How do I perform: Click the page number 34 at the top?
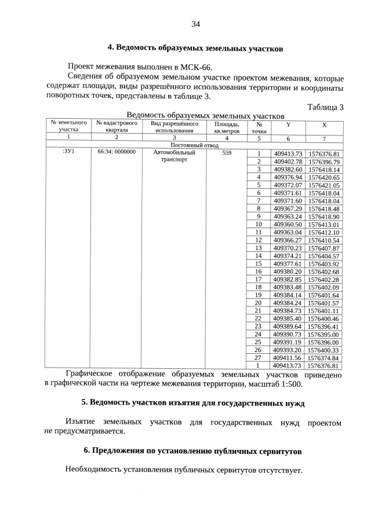coord(195,24)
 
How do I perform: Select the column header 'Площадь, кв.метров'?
coord(227,127)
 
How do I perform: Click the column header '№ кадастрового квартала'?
coord(117,127)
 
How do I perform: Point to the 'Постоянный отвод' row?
coord(194,145)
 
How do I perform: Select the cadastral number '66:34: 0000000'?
coord(117,153)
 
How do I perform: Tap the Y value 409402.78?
coord(288,162)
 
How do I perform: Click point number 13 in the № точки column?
coord(259,248)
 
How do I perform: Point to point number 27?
coord(259,358)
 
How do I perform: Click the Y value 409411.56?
coord(288,358)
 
